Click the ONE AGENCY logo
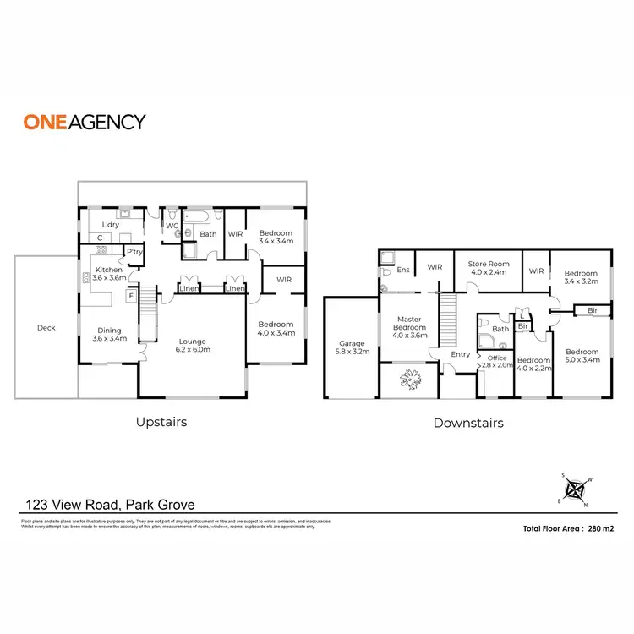pyautogui.click(x=84, y=121)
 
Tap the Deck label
pyautogui.click(x=46, y=327)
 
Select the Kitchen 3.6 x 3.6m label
pyautogui.click(x=109, y=273)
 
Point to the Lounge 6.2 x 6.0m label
pyautogui.click(x=192, y=345)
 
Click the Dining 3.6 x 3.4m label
pyautogui.click(x=109, y=335)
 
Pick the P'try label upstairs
pyautogui.click(x=134, y=251)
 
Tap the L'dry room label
pyautogui.click(x=110, y=225)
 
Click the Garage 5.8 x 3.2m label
pyautogui.click(x=352, y=348)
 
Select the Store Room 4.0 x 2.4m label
pyautogui.click(x=488, y=268)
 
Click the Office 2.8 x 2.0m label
pyautogui.click(x=497, y=362)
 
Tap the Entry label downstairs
pyautogui.click(x=460, y=354)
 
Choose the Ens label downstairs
pyautogui.click(x=403, y=270)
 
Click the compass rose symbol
pyautogui.click(x=575, y=489)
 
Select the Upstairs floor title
pyautogui.click(x=161, y=421)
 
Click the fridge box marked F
pyautogui.click(x=132, y=296)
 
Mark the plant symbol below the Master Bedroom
pyautogui.click(x=411, y=380)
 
